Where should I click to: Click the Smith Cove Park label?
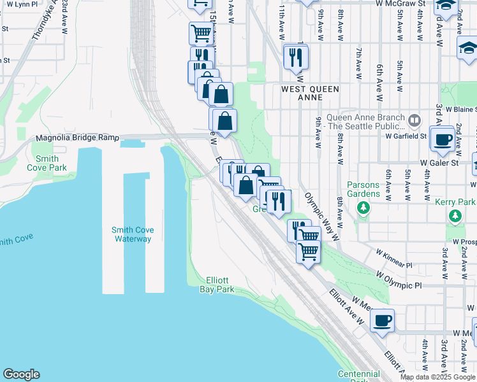[43, 163]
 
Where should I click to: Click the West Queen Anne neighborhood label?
[310, 94]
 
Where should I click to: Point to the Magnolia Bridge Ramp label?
[77, 138]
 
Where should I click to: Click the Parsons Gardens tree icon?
[363, 207]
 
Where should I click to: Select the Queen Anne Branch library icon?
[415, 120]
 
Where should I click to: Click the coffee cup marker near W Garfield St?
[442, 139]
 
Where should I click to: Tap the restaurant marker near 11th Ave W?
[296, 57]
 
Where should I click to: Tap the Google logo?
[21, 374]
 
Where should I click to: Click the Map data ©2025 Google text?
[437, 377]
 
